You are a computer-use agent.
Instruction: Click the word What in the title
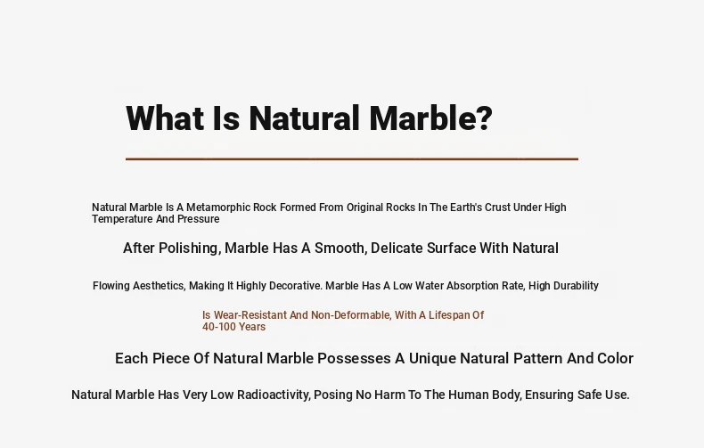point(166,118)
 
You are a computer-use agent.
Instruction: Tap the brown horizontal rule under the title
point(352,159)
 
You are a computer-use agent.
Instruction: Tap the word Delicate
point(396,248)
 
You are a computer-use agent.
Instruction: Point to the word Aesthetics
point(159,286)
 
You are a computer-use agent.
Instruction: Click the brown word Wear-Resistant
point(250,315)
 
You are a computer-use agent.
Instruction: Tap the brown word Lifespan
point(450,315)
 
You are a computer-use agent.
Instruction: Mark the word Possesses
point(354,358)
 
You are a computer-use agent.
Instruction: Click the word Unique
point(432,358)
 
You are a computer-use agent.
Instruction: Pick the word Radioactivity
point(274,395)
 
